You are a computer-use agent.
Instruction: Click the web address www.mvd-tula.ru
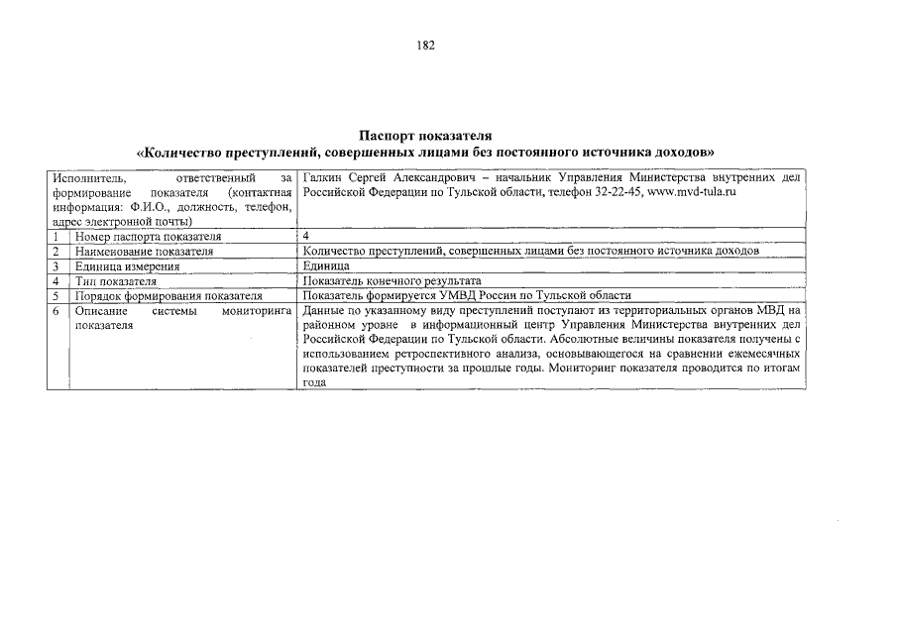(x=690, y=191)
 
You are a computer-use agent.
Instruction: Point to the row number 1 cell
(x=57, y=237)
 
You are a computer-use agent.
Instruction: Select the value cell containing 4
(x=306, y=237)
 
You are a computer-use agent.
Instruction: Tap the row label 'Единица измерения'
(x=127, y=266)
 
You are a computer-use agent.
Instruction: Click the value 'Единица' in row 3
(x=326, y=266)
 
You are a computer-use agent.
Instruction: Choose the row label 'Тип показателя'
(x=116, y=281)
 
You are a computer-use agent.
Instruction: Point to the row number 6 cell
(x=57, y=311)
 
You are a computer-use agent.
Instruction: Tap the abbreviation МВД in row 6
(x=770, y=311)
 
